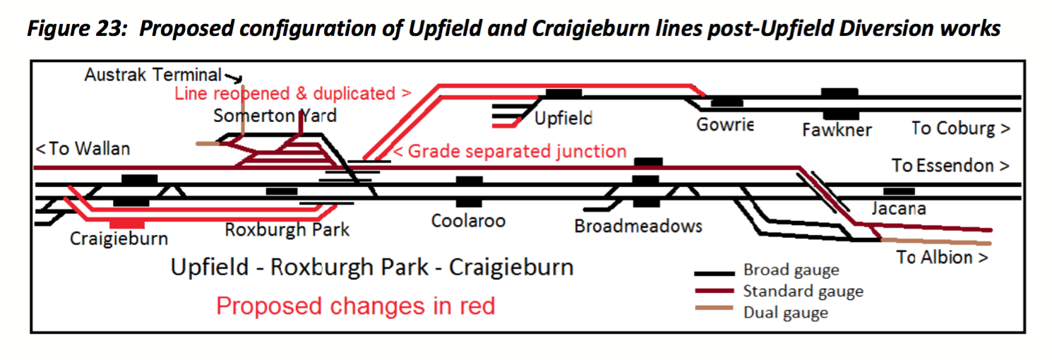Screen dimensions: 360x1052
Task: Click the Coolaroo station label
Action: (x=469, y=220)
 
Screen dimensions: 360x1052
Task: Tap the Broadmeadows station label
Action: (x=638, y=226)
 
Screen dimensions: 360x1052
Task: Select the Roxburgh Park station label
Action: (x=287, y=229)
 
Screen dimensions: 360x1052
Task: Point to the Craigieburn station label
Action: (x=119, y=239)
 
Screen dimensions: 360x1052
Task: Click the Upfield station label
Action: (x=563, y=119)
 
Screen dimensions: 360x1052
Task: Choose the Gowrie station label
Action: (x=725, y=125)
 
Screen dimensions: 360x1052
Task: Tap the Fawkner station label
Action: (x=837, y=130)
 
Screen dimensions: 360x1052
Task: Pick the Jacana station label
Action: (x=898, y=208)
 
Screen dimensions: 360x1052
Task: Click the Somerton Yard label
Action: (x=275, y=115)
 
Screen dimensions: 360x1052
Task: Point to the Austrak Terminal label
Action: (x=153, y=74)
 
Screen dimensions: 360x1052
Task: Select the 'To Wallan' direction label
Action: (x=83, y=149)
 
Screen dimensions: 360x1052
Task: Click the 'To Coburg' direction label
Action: (x=960, y=128)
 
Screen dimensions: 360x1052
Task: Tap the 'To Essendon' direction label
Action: (x=950, y=166)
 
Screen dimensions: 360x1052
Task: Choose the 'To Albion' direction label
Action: (x=942, y=257)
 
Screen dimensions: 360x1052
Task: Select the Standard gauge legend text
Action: (x=803, y=292)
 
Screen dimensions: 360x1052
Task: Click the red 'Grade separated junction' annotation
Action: (x=510, y=151)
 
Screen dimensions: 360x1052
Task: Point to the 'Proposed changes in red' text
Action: (x=355, y=306)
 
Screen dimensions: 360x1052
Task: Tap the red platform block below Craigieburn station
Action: (x=128, y=224)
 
